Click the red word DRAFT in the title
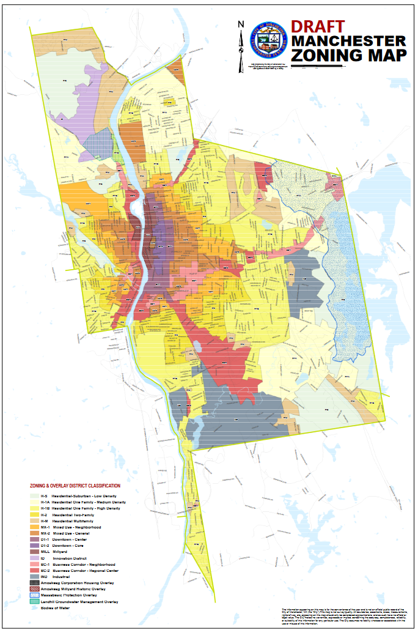tap(318, 27)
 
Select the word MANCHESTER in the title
tap(348, 41)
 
